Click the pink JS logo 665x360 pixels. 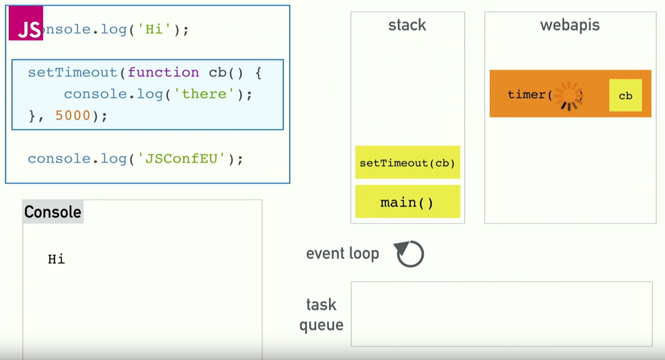(x=26, y=24)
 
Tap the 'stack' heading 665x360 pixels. (x=407, y=25)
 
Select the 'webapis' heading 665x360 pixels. (x=570, y=25)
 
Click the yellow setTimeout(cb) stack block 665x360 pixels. (x=407, y=162)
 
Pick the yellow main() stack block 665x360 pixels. (x=407, y=202)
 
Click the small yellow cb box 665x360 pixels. (x=625, y=95)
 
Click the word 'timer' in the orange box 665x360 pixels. (x=527, y=95)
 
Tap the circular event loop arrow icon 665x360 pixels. (x=410, y=254)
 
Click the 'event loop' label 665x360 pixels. (x=342, y=253)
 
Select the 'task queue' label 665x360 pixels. (x=321, y=315)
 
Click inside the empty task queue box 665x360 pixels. (x=501, y=314)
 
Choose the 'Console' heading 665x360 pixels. (x=53, y=212)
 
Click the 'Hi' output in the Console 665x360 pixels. (x=57, y=259)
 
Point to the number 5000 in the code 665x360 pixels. (x=73, y=115)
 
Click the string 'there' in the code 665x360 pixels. (x=204, y=94)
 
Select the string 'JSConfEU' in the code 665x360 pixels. (x=181, y=158)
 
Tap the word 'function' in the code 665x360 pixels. (x=163, y=72)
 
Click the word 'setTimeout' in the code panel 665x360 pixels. (x=72, y=72)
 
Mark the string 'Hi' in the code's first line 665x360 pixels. (x=154, y=29)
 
